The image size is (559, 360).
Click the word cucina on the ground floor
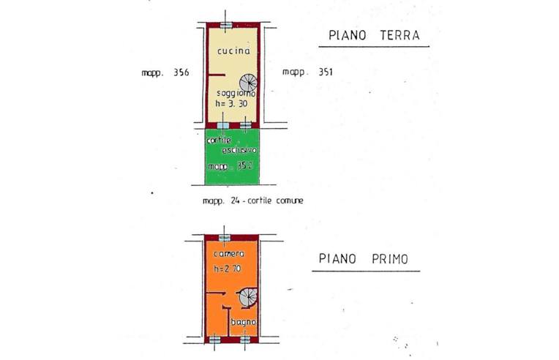click(x=233, y=51)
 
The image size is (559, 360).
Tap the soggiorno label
click(x=235, y=94)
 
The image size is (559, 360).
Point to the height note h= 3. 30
click(x=233, y=105)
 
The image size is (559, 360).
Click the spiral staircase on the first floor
click(x=246, y=296)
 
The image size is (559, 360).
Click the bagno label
click(x=242, y=322)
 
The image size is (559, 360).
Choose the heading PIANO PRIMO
click(x=364, y=259)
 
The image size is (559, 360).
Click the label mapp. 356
click(x=166, y=72)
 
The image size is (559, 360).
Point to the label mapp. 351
click(x=307, y=72)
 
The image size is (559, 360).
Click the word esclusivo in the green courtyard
click(x=239, y=150)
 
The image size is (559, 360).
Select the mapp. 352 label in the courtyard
click(x=230, y=167)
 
